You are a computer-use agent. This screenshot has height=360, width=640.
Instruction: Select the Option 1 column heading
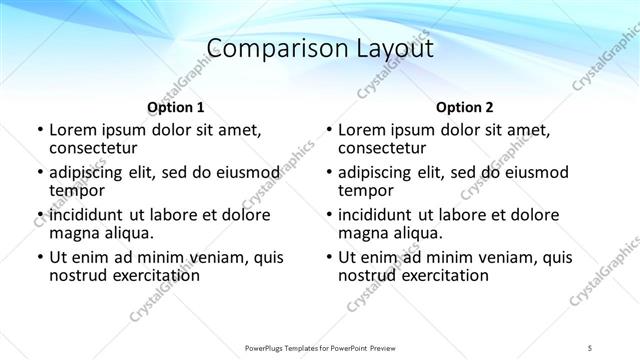(x=175, y=108)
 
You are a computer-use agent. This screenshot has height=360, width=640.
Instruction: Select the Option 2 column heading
(x=465, y=108)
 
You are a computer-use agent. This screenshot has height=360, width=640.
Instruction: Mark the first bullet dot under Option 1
(x=40, y=130)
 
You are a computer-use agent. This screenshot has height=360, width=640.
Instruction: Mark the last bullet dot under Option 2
(x=329, y=258)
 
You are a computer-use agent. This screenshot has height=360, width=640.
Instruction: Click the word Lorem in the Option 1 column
(x=72, y=129)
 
